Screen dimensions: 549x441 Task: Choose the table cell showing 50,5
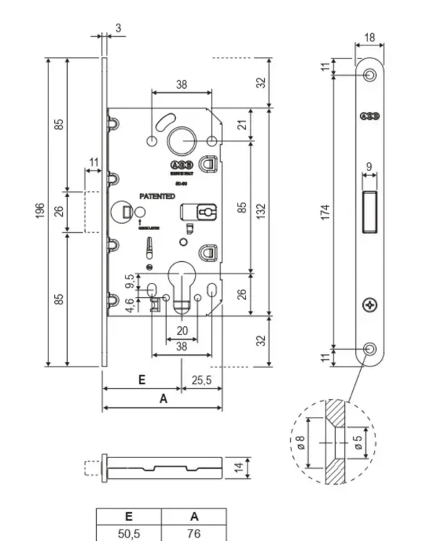click(x=128, y=534)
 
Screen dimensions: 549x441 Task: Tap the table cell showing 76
click(x=193, y=534)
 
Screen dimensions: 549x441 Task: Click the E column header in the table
click(x=128, y=516)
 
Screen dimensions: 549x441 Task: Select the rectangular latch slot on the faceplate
click(x=369, y=210)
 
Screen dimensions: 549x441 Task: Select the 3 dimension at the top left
click(x=117, y=27)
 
